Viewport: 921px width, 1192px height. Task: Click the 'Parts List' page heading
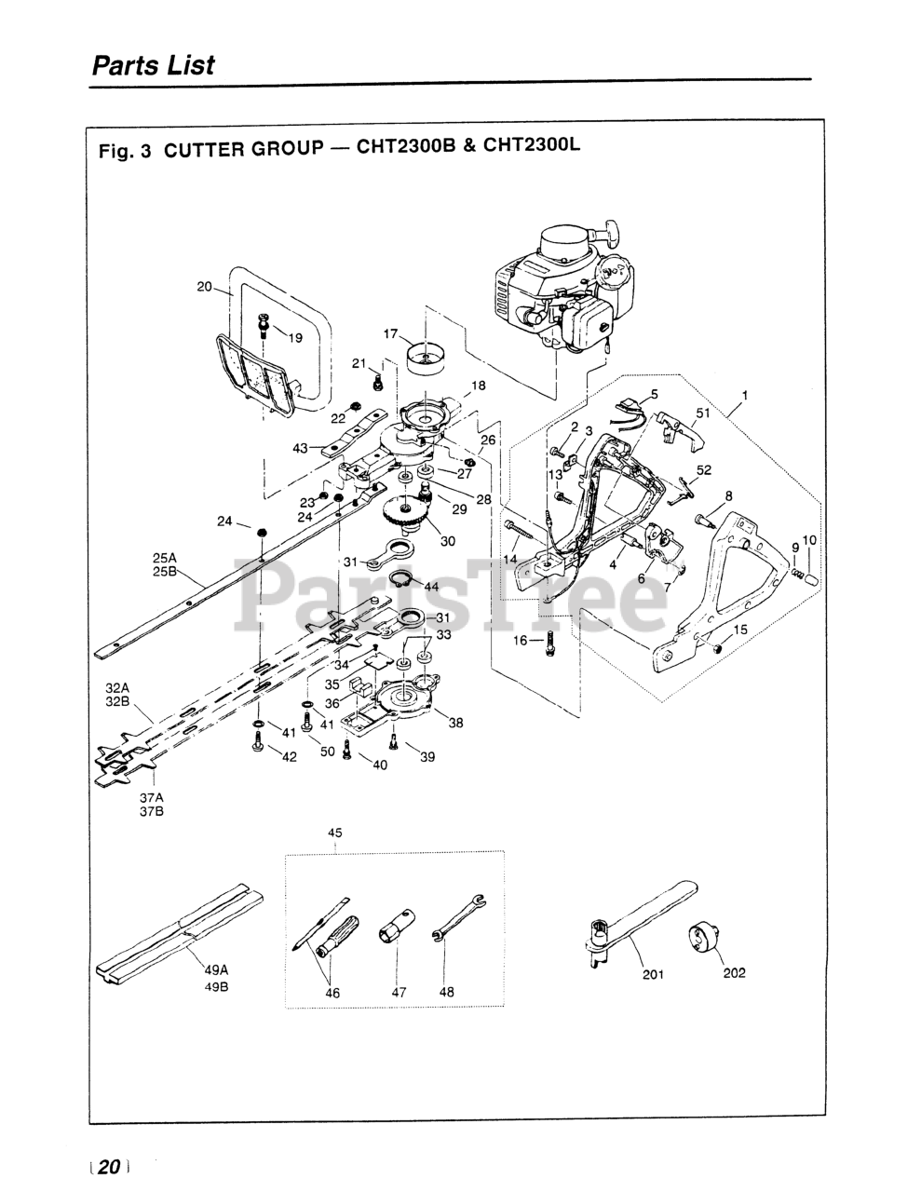click(x=153, y=66)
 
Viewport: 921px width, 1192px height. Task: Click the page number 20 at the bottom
click(x=109, y=1167)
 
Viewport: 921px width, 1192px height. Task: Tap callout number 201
click(x=652, y=974)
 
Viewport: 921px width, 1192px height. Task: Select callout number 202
click(x=734, y=974)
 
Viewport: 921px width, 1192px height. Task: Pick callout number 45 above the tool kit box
click(x=335, y=833)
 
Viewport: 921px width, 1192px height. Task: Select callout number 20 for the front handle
click(x=205, y=287)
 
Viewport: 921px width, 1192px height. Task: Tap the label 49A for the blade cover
click(x=216, y=968)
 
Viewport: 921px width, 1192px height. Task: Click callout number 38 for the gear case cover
click(x=455, y=723)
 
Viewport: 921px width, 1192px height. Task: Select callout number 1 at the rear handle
click(x=744, y=395)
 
